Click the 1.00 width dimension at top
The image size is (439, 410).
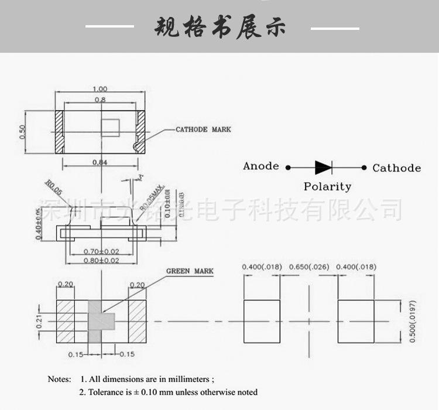[x=99, y=88]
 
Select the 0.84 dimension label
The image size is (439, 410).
[x=100, y=162]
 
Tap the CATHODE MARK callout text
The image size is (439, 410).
[x=203, y=129]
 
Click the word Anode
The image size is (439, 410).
[x=261, y=166]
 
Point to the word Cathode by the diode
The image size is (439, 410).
[x=396, y=168]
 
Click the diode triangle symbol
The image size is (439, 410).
[x=323, y=168]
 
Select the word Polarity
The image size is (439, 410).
[x=327, y=187]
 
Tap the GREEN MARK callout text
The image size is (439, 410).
[x=190, y=271]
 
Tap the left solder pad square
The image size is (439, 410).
[x=261, y=321]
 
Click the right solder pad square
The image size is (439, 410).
[x=356, y=321]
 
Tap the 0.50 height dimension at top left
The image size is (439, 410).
[x=23, y=131]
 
